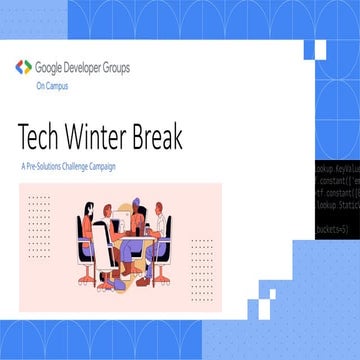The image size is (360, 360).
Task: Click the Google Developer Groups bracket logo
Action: (23, 68)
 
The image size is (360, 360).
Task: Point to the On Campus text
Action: (52, 86)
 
